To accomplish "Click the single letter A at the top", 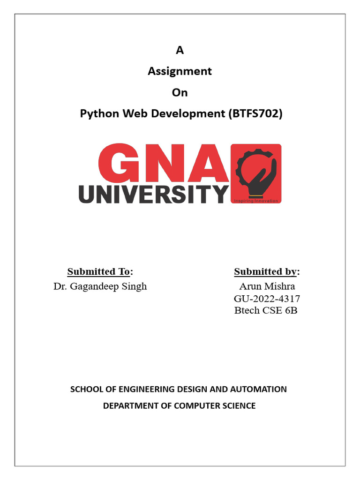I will tap(180, 51).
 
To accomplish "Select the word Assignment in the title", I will tap(180, 71).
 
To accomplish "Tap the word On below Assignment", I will tap(180, 92).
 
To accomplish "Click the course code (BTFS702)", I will tap(255, 114).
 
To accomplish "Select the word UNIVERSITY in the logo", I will tap(154, 194).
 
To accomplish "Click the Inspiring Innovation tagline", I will tap(256, 201).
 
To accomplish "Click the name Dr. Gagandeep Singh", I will tap(100, 286).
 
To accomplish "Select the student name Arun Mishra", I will tap(267, 286).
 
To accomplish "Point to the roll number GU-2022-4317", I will tap(267, 299).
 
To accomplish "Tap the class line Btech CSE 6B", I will tap(266, 310).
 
